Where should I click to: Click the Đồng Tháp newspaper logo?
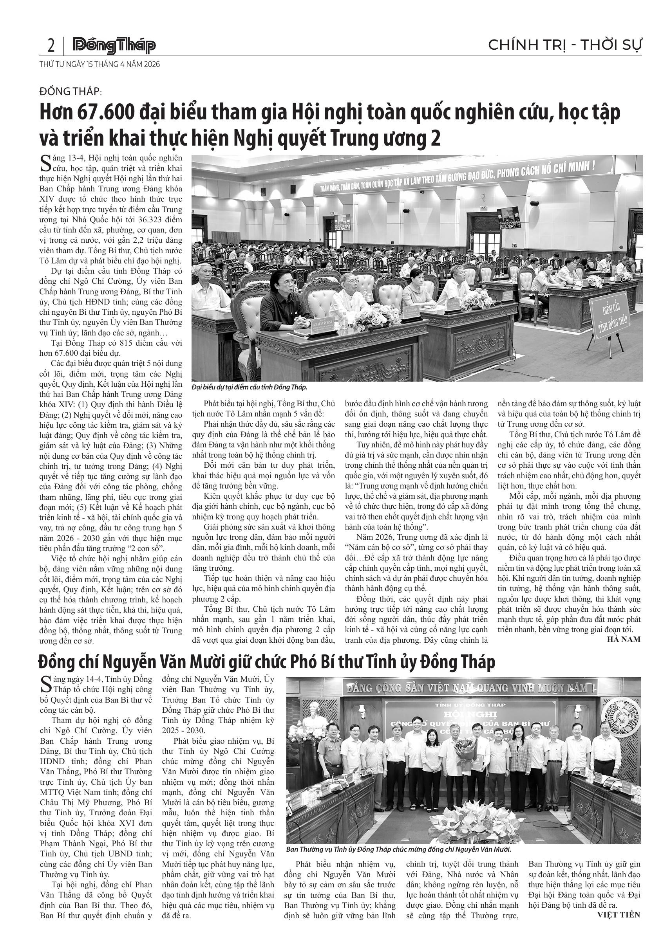coord(114,45)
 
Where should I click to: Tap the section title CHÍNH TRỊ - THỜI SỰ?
coord(565,45)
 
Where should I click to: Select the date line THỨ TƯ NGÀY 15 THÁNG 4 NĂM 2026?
coord(99,65)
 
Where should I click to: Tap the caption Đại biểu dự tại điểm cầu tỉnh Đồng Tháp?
coord(250,387)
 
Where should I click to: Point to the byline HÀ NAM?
coord(624,639)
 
